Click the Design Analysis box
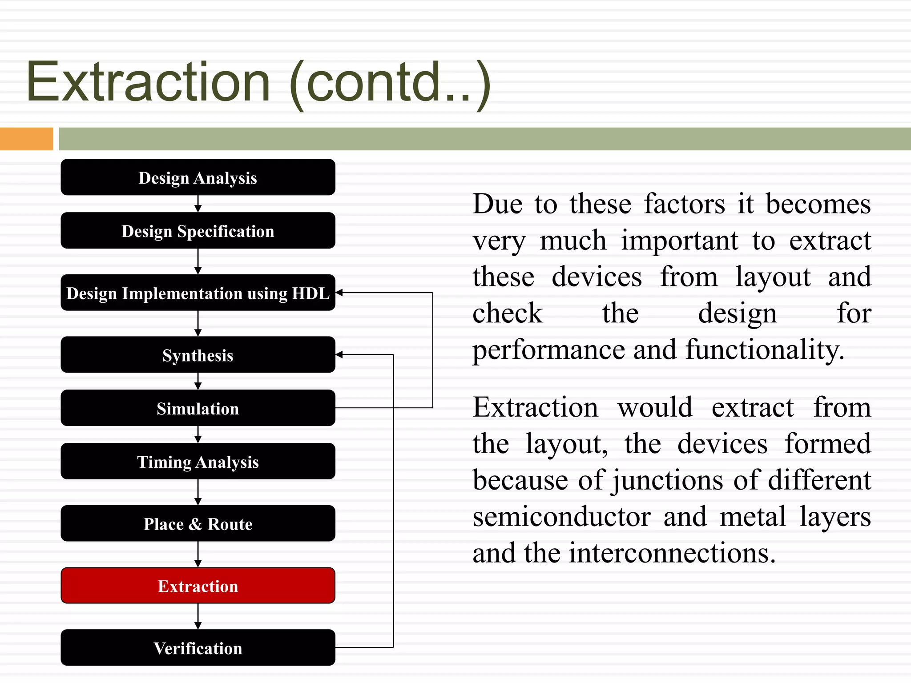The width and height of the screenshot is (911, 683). click(x=198, y=177)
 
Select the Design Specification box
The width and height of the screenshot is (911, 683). click(x=198, y=231)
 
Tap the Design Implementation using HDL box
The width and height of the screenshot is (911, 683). click(x=198, y=293)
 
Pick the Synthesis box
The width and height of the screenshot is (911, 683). click(x=198, y=355)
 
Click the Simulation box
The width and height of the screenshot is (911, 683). click(x=198, y=408)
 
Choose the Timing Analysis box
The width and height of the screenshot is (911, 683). click(x=198, y=462)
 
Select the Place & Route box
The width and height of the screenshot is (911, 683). click(x=198, y=523)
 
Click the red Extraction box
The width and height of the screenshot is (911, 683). click(x=198, y=586)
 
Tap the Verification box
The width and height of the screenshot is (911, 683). click(x=198, y=648)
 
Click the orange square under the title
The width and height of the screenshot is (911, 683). click(x=26, y=139)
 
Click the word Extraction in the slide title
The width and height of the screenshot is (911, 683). click(x=148, y=82)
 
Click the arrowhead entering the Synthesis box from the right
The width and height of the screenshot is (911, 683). click(x=339, y=354)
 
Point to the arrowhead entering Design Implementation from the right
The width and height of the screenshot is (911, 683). click(x=339, y=293)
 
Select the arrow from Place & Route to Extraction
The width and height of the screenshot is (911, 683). click(x=198, y=554)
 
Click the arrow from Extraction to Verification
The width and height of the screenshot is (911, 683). click(x=198, y=616)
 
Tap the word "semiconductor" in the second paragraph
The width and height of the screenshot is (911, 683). click(x=562, y=517)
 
